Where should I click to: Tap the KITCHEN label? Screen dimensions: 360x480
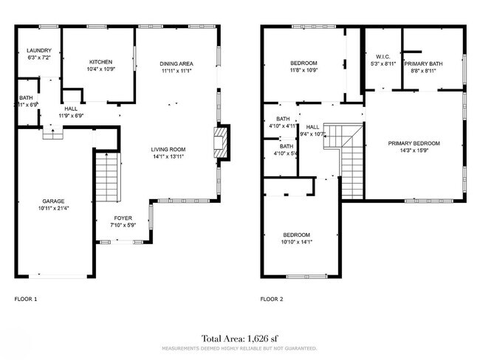[100, 61]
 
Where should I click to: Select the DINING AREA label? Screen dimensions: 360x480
[177, 64]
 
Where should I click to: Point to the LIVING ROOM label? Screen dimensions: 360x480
[168, 149]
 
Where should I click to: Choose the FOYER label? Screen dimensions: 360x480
[123, 218]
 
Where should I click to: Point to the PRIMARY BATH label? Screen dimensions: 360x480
[423, 63]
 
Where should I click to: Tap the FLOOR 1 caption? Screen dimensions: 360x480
[26, 299]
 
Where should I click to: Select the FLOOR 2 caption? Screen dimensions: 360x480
[272, 299]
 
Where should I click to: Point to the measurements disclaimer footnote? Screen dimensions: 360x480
[239, 347]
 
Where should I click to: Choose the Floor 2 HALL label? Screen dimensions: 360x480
[313, 126]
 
